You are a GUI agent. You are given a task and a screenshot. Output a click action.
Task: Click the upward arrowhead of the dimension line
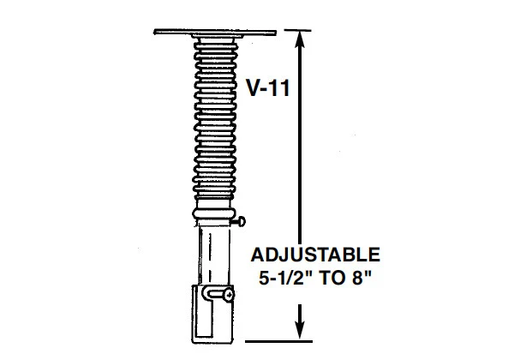[298, 37]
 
